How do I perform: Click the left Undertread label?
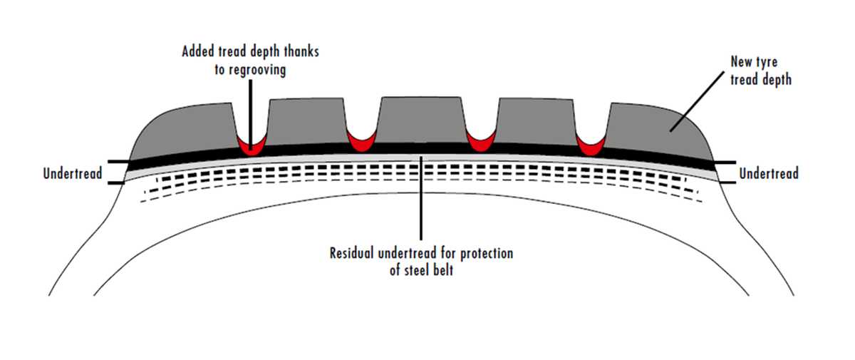coord(73,173)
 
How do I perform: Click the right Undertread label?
coord(769,173)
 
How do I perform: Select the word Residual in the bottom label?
coord(354,254)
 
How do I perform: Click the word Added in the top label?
coord(199,52)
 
